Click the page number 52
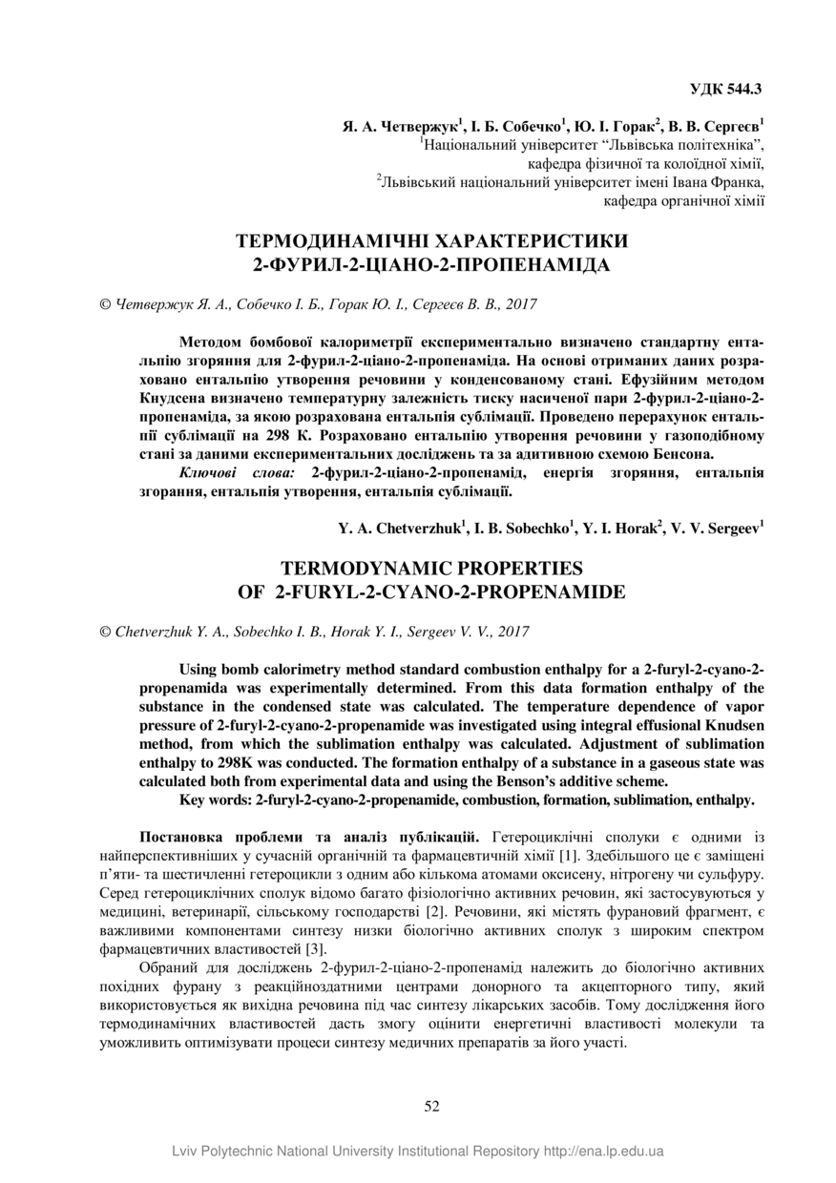pyautogui.click(x=431, y=1106)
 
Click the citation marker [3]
pyautogui.click(x=316, y=948)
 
